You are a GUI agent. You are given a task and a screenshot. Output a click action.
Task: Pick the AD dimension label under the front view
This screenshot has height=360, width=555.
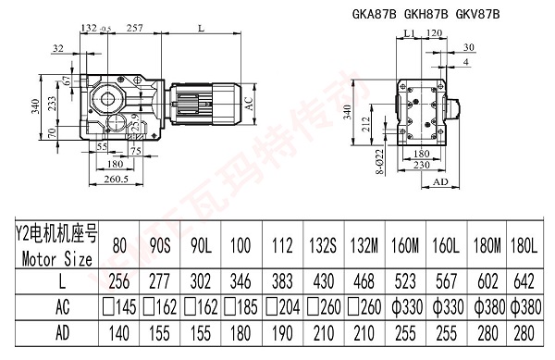click(x=440, y=184)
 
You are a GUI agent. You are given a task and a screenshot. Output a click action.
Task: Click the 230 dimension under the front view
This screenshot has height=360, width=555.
click(x=422, y=166)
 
